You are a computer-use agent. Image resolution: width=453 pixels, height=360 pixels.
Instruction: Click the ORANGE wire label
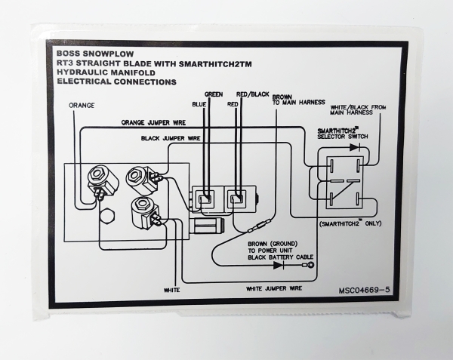pyautogui.click(x=82, y=105)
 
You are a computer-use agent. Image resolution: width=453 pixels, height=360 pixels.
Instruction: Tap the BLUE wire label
pyautogui.click(x=200, y=103)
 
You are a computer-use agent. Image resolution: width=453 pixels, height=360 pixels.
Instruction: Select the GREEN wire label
pyautogui.click(x=213, y=95)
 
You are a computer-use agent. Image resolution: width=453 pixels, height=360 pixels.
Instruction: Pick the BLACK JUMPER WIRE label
pyautogui.click(x=170, y=139)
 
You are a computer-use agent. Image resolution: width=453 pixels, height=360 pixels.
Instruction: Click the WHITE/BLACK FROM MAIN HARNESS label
pyautogui.click(x=359, y=111)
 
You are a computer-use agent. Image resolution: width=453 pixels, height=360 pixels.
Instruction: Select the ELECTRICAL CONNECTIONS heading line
pyautogui.click(x=116, y=82)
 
